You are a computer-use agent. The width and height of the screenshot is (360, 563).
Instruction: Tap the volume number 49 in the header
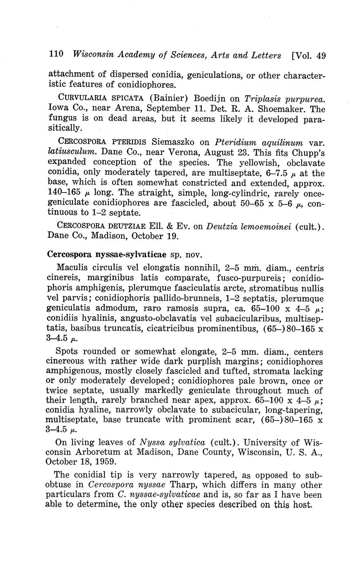pyautogui.click(x=321, y=55)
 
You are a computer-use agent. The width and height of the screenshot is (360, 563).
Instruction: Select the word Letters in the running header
pyautogui.click(x=265, y=55)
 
